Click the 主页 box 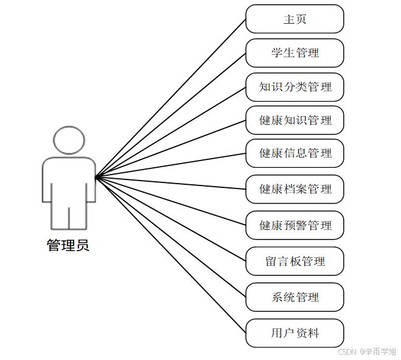point(295,19)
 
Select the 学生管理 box point(295,53)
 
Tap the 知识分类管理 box point(295,87)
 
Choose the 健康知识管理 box point(295,120)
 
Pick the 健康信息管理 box point(295,153)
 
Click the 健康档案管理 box point(295,189)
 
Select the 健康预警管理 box point(295,226)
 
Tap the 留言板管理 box point(295,261)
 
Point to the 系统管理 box point(295,297)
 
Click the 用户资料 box point(295,333)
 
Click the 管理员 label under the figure point(68,246)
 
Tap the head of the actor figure point(68,140)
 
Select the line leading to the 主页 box point(170,98)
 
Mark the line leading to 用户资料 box point(170,255)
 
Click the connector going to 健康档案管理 point(170,183)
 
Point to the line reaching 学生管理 point(170,115)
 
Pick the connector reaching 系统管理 point(170,237)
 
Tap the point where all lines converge point(96,177)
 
